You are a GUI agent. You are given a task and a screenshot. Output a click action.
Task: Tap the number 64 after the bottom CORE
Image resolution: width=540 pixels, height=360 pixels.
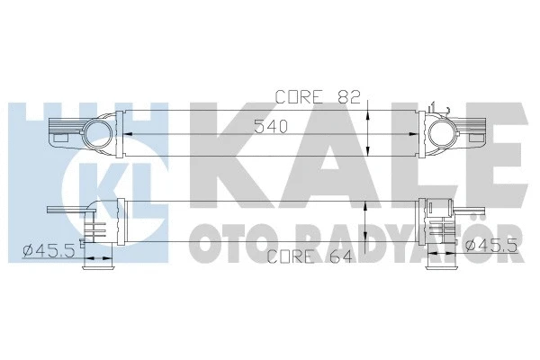pyautogui.click(x=329, y=257)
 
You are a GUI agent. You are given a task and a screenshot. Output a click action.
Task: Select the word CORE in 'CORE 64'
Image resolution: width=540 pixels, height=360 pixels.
pyautogui.click(x=288, y=257)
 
